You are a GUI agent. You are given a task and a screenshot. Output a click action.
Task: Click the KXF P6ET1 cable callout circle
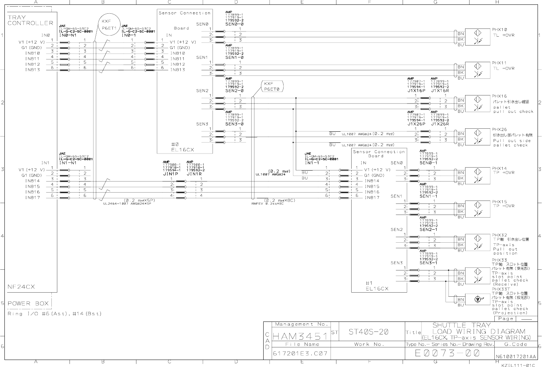tap(109, 24)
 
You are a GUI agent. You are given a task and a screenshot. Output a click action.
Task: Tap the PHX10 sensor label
tap(499, 30)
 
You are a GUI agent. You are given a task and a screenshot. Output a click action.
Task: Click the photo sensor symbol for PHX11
tap(477, 70)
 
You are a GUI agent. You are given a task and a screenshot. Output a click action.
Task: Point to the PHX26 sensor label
tap(499, 130)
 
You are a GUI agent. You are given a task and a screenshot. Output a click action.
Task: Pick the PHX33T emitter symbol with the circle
tap(477, 299)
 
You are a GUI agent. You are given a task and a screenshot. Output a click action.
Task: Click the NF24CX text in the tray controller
tap(21, 287)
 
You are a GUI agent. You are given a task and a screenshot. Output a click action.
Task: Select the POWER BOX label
tap(28, 304)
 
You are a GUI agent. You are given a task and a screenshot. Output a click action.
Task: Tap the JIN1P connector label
tap(170, 174)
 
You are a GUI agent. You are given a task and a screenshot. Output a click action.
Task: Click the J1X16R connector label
tap(440, 90)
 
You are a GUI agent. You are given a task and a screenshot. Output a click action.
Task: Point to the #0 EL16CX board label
tap(182, 147)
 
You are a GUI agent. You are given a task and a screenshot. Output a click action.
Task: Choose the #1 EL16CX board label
tap(377, 286)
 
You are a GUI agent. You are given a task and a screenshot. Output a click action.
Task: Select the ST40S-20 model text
tap(369, 332)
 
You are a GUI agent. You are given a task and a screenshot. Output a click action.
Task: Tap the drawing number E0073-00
tap(447, 353)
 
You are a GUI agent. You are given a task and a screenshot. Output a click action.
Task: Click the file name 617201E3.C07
tap(300, 354)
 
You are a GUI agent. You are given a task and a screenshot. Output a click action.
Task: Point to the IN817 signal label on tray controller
tap(33, 198)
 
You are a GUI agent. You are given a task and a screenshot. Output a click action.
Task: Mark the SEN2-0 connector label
tap(234, 90)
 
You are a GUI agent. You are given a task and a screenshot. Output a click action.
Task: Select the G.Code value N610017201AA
tap(515, 357)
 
